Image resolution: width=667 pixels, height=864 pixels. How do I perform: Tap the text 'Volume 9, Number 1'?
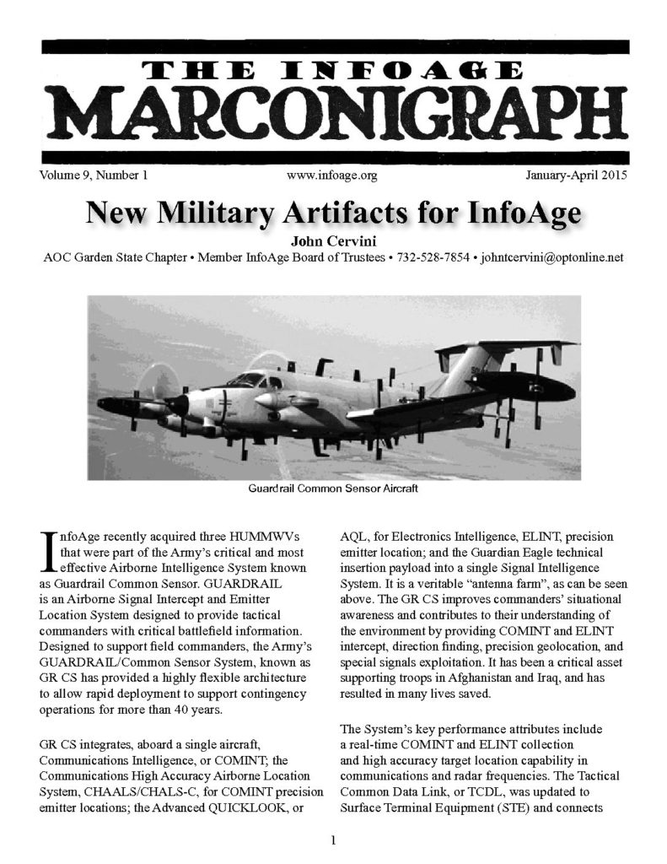(93, 176)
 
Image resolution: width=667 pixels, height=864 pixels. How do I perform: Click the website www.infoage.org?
(331, 176)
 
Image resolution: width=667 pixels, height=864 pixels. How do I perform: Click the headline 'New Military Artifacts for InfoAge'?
(333, 213)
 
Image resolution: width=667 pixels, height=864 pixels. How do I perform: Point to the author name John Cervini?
(333, 239)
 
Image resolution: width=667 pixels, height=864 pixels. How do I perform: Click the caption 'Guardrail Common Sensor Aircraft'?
(333, 489)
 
